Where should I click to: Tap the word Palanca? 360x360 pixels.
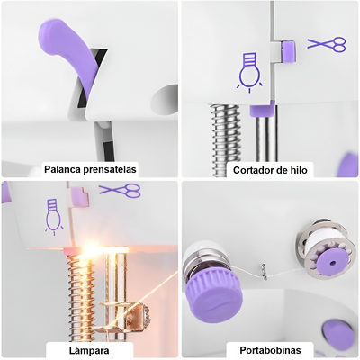[67, 168]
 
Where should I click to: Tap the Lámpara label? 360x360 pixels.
[90, 348]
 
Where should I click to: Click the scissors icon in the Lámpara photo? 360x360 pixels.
[120, 190]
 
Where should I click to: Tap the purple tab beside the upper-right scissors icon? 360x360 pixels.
[289, 51]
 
